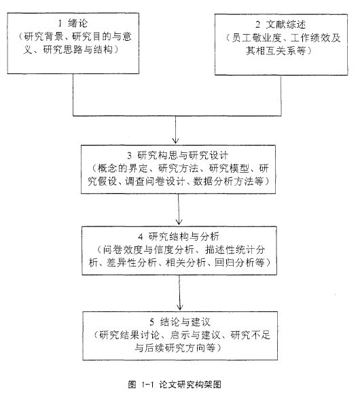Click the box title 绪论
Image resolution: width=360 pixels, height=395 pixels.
[78, 23]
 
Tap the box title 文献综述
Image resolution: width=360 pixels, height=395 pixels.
[286, 24]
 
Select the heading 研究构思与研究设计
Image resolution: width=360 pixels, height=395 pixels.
[183, 155]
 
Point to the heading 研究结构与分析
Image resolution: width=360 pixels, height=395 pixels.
[184, 237]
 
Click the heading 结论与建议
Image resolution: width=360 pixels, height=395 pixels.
[185, 322]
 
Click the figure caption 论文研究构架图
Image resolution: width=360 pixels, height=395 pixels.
[190, 384]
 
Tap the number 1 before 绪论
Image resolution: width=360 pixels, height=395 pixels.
[60, 23]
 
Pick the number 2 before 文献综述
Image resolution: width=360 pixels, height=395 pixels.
[258, 24]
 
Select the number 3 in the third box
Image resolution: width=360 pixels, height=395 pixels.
[130, 156]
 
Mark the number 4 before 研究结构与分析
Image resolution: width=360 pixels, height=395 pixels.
[140, 237]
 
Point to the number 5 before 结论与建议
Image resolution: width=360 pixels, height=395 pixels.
[151, 322]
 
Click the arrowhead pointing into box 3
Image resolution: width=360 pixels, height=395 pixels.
[175, 141]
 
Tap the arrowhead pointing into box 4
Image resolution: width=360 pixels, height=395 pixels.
[179, 222]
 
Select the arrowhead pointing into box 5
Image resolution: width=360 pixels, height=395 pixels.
[180, 307]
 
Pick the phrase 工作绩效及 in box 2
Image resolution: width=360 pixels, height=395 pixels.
[315, 38]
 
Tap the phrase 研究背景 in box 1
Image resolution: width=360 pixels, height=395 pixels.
[43, 37]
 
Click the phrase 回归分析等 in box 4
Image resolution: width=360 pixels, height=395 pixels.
[239, 262]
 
